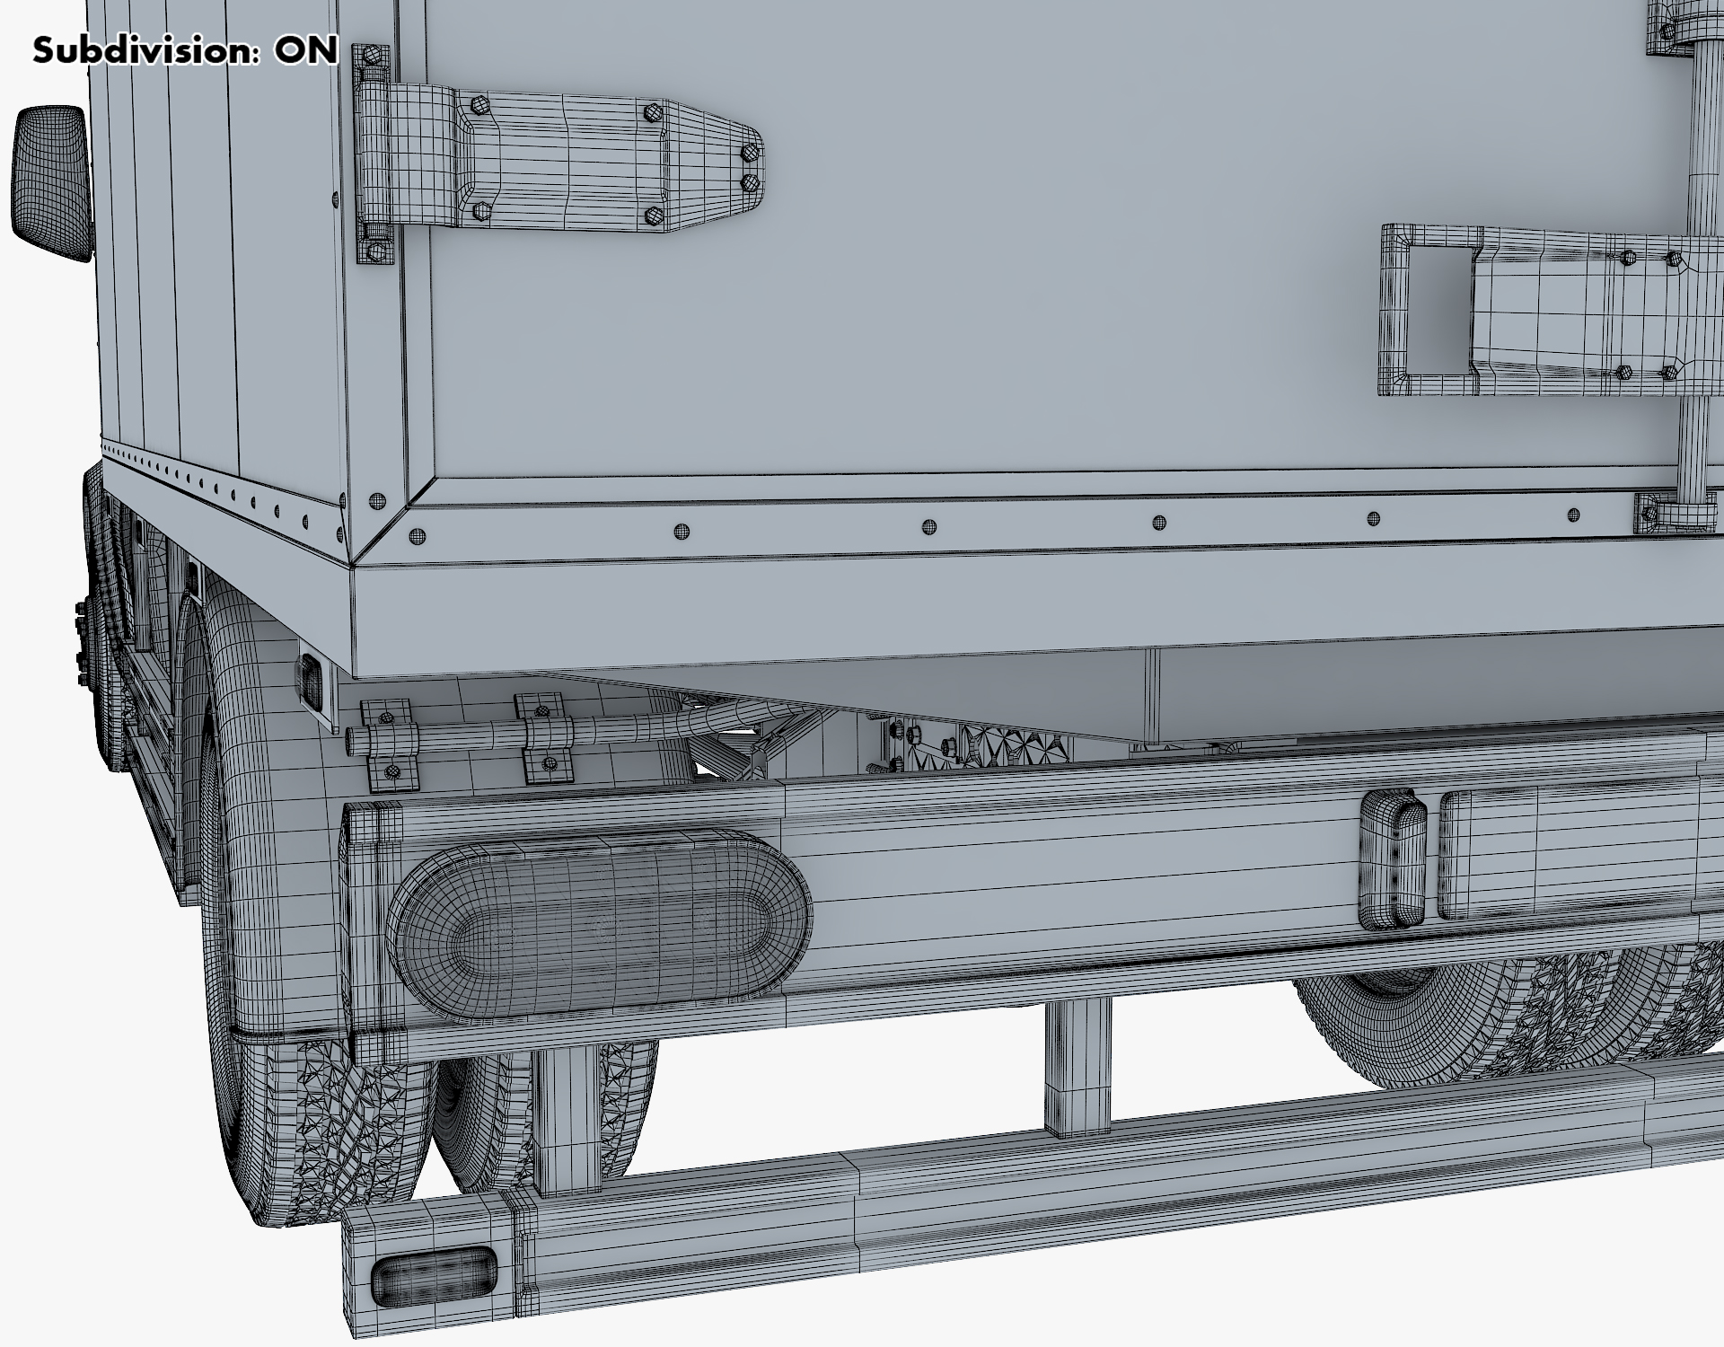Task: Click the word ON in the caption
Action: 306,50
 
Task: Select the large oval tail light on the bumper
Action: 599,925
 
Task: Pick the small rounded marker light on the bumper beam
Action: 1392,859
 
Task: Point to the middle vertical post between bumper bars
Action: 1077,1069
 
